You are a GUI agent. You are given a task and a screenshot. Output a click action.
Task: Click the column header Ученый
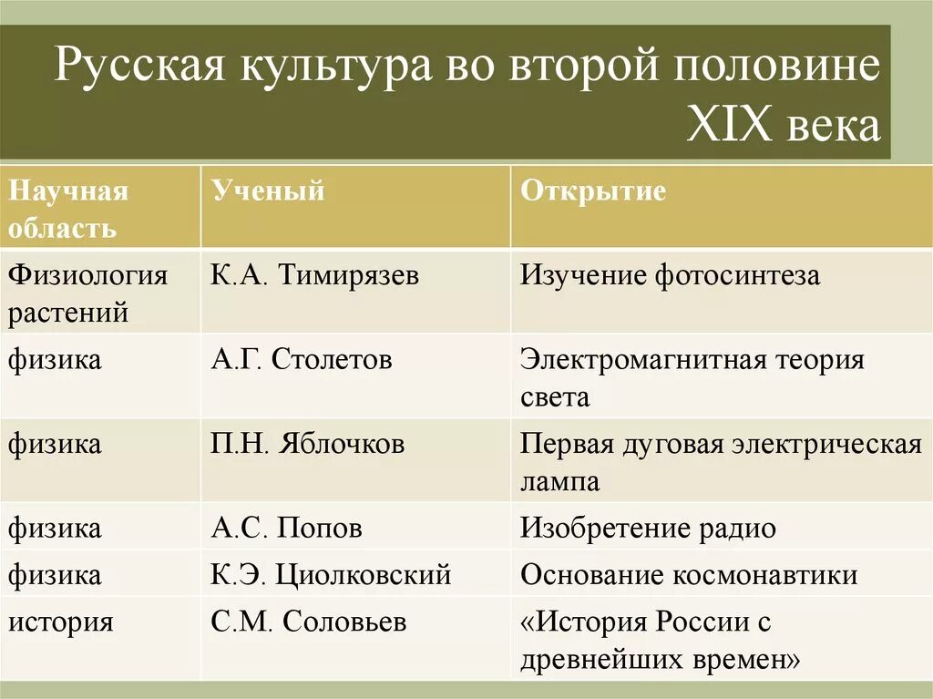coord(268,191)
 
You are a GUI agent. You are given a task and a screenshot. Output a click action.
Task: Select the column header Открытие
coord(593,191)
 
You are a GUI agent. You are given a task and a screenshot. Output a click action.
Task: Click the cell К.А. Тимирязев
coord(314,275)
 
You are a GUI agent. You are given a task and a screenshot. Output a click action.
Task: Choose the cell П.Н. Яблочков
coord(307,444)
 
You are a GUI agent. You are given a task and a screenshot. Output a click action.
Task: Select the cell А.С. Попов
coord(286,528)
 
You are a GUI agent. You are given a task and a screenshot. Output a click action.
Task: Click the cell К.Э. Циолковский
coord(331,575)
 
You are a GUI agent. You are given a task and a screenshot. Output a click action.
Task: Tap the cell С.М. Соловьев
coord(308,622)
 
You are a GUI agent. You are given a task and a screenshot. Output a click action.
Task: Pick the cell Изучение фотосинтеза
coord(670,275)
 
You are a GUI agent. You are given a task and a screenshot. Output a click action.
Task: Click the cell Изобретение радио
coord(648,528)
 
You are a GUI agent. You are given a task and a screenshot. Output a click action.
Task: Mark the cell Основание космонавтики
coord(689,575)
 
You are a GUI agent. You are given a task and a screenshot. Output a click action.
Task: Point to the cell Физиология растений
coord(88,293)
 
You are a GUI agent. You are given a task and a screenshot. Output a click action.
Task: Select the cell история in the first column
coord(61,622)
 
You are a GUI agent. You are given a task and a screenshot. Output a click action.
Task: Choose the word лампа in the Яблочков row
coord(559,480)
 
